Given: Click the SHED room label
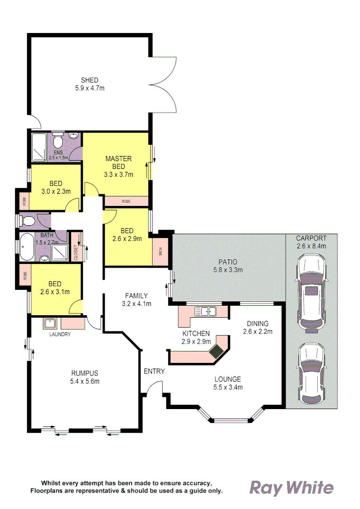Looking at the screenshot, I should [90, 80].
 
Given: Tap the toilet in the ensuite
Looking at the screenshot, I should [58, 141].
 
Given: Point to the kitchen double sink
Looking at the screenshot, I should [205, 311].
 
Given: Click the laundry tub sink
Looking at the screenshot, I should [50, 323].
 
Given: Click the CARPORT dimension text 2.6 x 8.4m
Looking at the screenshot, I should [311, 246].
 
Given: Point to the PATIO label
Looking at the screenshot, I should [228, 262].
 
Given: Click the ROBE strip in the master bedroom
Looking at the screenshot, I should [126, 201].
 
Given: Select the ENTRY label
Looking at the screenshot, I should [154, 371].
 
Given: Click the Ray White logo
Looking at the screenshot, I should [291, 488].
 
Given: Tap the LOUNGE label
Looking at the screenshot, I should [228, 379].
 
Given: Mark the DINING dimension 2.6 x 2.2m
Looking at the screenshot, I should [257, 331].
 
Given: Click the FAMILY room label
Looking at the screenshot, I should [136, 296].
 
